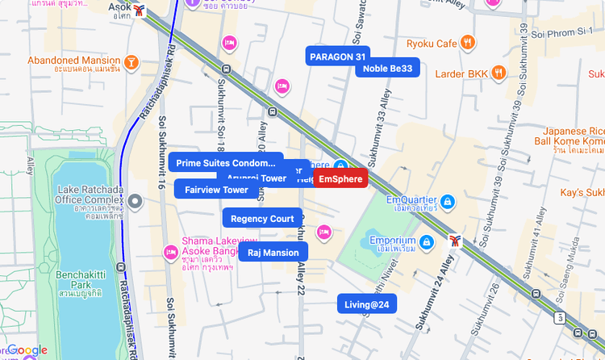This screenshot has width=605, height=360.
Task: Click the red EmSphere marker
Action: (340, 179)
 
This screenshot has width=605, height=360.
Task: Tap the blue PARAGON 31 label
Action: (338, 57)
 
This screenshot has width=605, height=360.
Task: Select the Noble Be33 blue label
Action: (387, 69)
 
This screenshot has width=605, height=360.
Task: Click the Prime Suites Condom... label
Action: (226, 163)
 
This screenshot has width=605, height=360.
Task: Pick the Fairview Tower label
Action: (216, 190)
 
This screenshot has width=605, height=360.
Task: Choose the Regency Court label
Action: (262, 219)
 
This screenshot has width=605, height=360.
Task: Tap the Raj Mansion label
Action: (273, 253)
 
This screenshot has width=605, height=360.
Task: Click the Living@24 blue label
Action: (367, 304)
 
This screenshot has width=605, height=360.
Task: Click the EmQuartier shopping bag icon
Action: (449, 200)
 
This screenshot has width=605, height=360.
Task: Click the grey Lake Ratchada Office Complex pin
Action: (136, 201)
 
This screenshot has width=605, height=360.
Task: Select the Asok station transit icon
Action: (142, 10)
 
